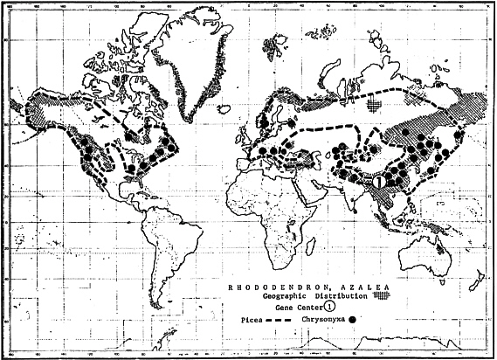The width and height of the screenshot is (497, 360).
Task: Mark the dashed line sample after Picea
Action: (x=280, y=321)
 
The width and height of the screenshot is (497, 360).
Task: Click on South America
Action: (x=170, y=253)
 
